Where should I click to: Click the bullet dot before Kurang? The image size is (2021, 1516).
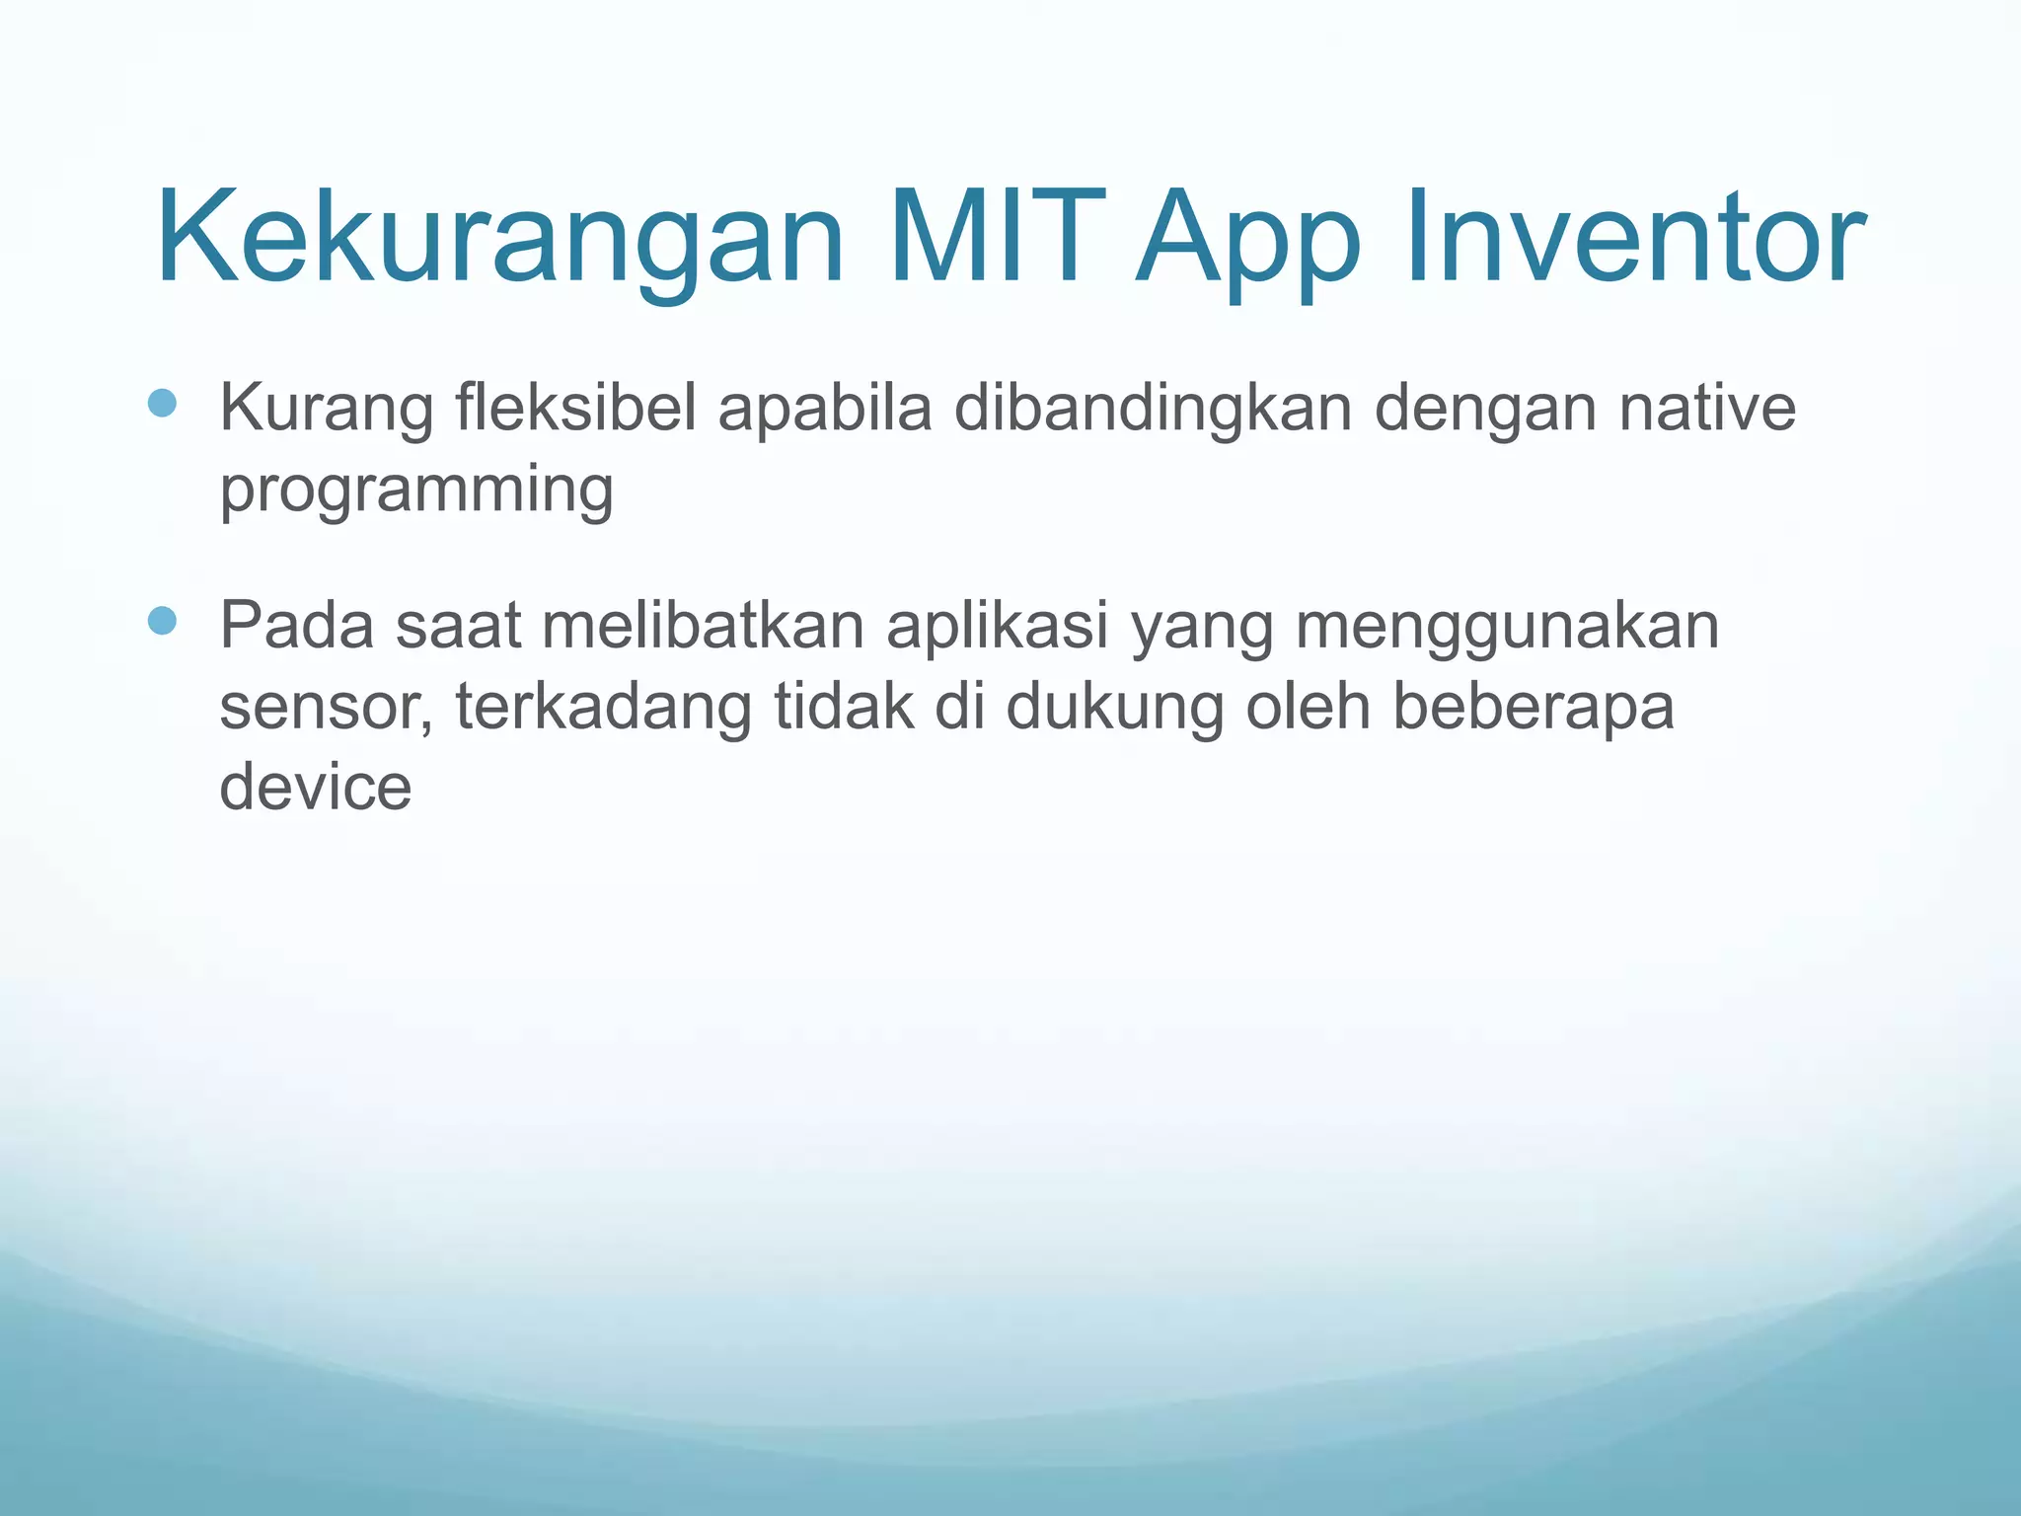coord(162,403)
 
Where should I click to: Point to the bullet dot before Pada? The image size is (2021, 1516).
coord(162,621)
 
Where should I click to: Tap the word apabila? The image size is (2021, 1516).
coord(825,409)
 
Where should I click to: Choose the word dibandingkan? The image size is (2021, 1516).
coord(1153,409)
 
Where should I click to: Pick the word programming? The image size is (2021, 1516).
coord(416,491)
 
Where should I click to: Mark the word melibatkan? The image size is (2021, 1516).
coord(703,625)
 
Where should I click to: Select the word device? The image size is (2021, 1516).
coord(316,787)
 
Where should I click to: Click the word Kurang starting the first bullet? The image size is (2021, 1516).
coord(326,409)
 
